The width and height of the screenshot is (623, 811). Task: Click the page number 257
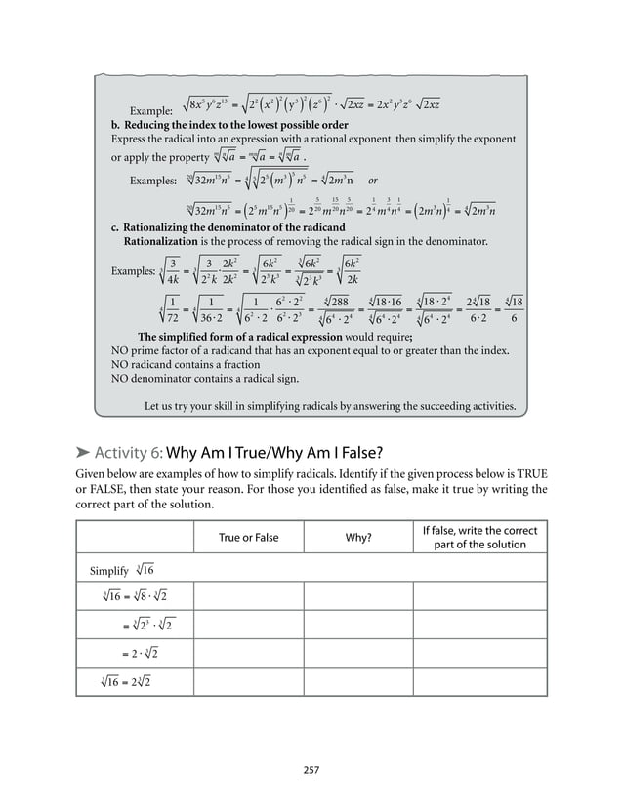311,770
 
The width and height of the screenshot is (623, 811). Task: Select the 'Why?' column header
357,538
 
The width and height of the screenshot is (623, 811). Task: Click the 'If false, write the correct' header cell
479,531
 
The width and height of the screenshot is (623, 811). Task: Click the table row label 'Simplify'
109,570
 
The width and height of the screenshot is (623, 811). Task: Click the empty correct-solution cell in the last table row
479,679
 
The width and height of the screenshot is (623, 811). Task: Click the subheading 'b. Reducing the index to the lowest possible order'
229,126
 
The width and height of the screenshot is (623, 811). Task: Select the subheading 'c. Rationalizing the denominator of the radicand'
228,227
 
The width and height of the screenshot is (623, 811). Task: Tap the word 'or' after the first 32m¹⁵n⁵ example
373,181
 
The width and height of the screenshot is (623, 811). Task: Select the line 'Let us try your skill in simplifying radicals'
330,406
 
